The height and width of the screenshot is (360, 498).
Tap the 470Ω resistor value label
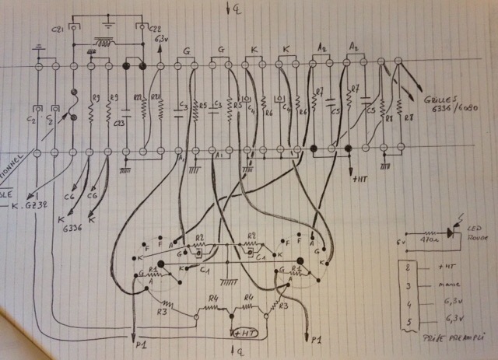click(426, 242)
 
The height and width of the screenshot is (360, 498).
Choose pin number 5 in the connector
click(409, 323)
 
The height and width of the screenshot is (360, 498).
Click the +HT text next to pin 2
click(446, 269)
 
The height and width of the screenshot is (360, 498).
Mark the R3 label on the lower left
click(161, 312)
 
